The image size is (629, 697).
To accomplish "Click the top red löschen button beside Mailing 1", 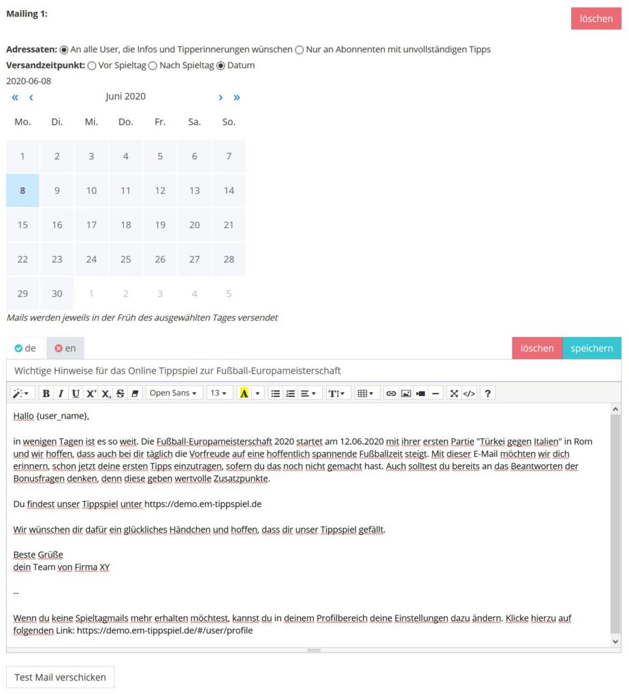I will click(x=596, y=18).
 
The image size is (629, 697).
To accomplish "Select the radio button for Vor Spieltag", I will click(x=92, y=65).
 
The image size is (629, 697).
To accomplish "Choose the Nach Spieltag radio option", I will click(x=152, y=65).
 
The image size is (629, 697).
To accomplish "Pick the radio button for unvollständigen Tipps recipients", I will click(x=300, y=50).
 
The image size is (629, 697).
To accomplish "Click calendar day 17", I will click(x=91, y=225).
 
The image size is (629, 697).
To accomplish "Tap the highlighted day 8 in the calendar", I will click(x=22, y=191).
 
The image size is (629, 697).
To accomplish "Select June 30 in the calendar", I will click(x=57, y=293).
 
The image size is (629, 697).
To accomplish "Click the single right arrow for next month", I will click(x=221, y=97).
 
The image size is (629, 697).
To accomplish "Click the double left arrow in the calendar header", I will click(x=15, y=97).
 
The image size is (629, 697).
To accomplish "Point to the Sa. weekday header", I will click(x=195, y=122).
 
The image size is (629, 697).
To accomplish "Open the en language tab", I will click(x=65, y=348).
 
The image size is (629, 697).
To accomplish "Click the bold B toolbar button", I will click(x=46, y=393).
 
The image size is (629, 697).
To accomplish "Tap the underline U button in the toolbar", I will click(x=76, y=393).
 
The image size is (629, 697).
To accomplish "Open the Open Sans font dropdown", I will click(x=174, y=393).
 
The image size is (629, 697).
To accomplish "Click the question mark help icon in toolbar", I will click(x=487, y=393).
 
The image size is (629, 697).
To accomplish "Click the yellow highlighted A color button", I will click(x=244, y=393).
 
